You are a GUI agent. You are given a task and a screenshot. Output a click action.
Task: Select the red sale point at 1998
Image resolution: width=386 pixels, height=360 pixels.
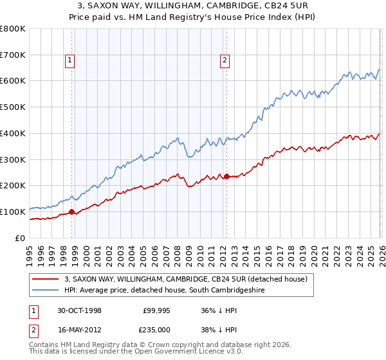71,212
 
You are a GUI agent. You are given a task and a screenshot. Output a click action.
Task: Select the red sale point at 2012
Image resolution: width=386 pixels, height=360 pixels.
226,175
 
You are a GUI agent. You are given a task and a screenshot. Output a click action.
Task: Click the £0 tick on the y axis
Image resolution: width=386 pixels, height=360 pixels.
21,238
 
